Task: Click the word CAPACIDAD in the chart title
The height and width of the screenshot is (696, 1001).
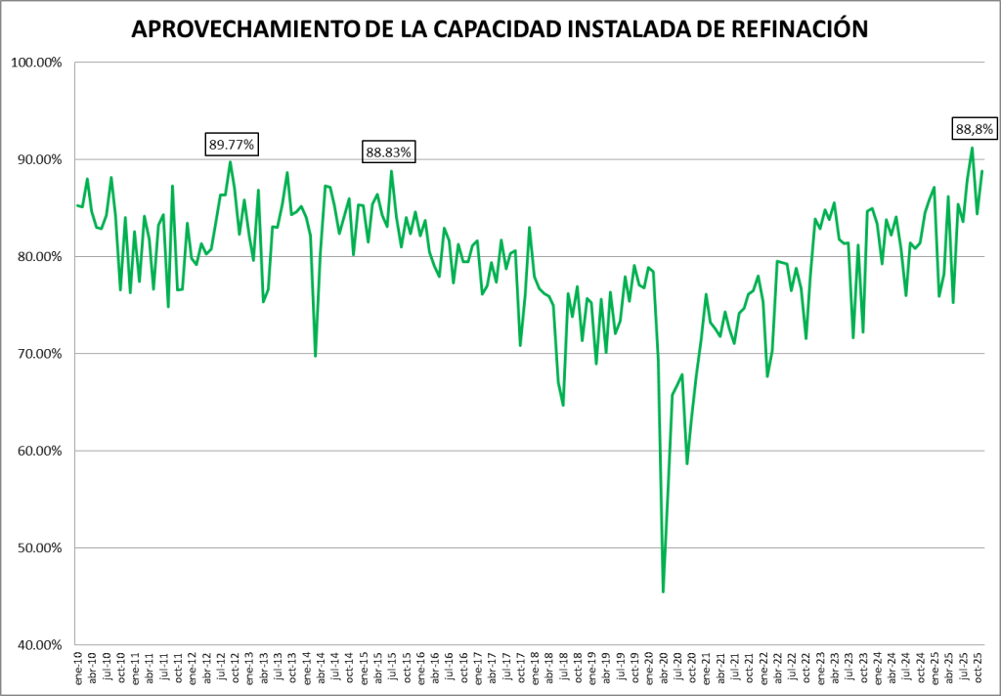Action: pos(496,30)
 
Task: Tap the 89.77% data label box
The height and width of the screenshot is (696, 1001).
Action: pos(232,145)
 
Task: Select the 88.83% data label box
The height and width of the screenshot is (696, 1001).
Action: pos(389,152)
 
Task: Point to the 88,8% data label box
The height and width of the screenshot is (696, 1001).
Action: pos(974,128)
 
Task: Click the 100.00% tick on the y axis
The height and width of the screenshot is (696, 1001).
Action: pos(36,63)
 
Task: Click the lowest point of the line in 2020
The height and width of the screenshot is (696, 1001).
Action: pos(663,591)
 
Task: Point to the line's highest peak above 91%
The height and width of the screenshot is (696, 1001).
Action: pos(972,148)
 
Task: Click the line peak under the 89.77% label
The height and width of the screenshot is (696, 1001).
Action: pos(230,162)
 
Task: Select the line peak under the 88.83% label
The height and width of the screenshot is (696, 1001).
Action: pos(391,171)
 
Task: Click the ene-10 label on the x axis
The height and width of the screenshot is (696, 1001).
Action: pos(79,671)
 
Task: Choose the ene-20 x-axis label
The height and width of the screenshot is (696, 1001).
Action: pos(648,671)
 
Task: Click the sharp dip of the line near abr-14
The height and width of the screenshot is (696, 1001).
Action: pos(315,356)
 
